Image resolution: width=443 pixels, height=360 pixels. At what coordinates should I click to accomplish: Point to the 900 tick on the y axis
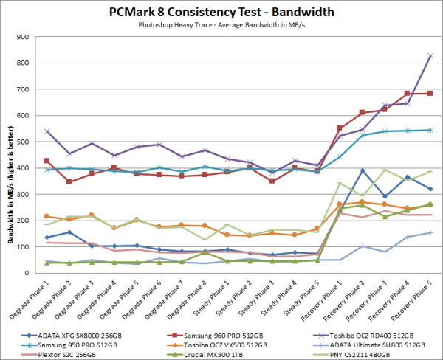[x=33, y=37]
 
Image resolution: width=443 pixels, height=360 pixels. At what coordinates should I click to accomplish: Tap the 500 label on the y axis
[x=33, y=142]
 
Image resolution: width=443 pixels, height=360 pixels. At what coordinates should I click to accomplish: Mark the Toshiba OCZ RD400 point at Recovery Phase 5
[x=430, y=56]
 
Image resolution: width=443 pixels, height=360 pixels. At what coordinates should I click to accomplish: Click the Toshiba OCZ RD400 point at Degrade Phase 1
[x=47, y=131]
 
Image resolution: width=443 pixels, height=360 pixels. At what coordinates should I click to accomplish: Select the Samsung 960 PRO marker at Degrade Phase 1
[x=47, y=161]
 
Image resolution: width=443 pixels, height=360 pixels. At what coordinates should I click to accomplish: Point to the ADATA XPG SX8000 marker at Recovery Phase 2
[x=362, y=170]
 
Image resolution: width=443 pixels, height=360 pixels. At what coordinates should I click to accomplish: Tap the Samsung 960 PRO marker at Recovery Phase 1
[x=340, y=128]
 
